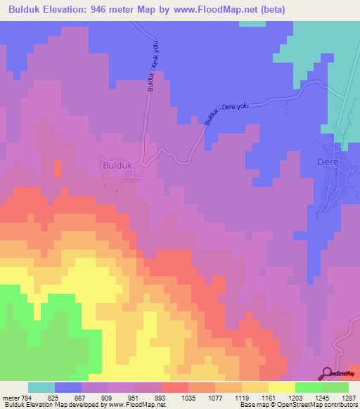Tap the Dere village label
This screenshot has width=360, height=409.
click(x=328, y=162)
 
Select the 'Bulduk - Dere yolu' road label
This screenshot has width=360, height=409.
click(x=227, y=113)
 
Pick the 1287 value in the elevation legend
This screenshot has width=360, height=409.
click(x=349, y=397)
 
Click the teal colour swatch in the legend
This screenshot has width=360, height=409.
click(x=41, y=387)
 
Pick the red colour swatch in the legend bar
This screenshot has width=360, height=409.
click(x=175, y=387)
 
